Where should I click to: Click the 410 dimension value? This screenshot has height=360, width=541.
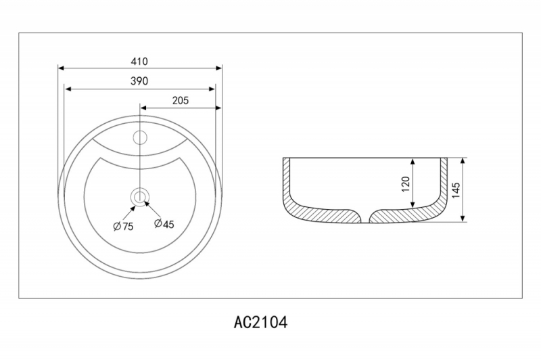(x=139, y=62)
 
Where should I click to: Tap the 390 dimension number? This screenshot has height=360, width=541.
(x=139, y=81)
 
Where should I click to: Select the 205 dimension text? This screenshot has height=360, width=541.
(x=181, y=100)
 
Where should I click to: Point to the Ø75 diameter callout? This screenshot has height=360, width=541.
(x=123, y=227)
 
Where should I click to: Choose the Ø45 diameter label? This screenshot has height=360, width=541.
(x=164, y=224)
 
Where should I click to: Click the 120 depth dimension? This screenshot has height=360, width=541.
(x=406, y=184)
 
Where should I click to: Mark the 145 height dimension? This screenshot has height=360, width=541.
(x=456, y=190)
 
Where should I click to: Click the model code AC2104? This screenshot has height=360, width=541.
(x=260, y=323)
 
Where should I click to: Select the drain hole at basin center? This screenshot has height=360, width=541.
(x=140, y=198)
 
